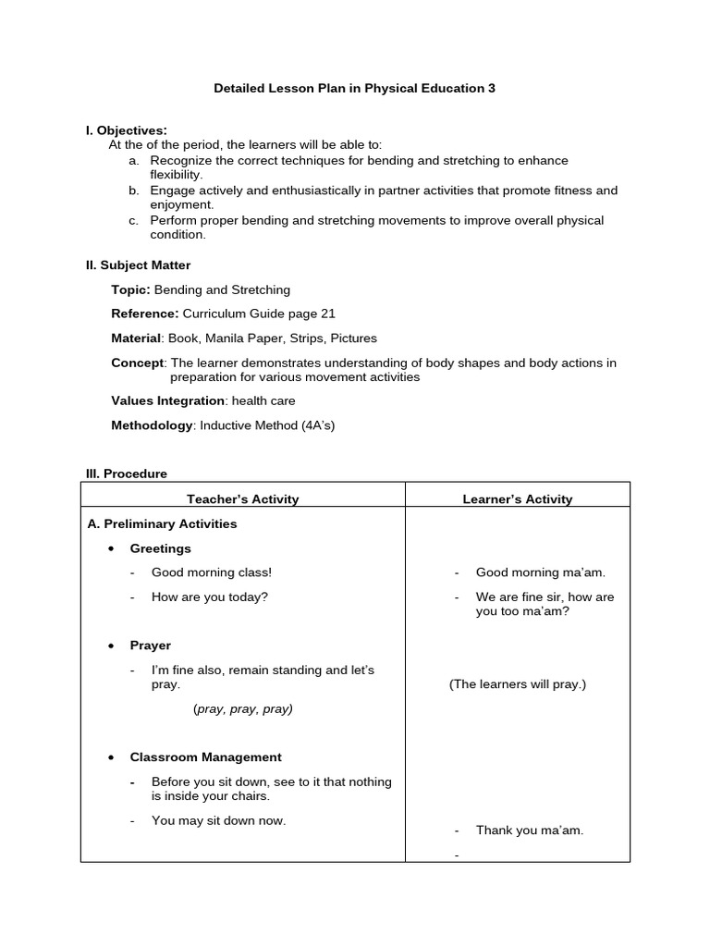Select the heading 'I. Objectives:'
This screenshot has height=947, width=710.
(x=127, y=130)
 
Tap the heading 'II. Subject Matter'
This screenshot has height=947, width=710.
(x=138, y=265)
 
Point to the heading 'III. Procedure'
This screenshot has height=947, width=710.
(x=127, y=473)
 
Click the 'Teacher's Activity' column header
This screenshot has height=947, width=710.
(x=243, y=499)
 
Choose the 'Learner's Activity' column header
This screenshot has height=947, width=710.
(x=518, y=499)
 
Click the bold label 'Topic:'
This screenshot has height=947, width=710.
(x=130, y=290)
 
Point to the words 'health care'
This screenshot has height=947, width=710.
(x=263, y=400)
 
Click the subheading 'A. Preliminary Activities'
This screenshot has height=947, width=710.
(x=163, y=524)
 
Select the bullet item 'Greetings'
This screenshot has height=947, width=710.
(x=161, y=548)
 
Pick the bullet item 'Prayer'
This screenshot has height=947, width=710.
(x=151, y=646)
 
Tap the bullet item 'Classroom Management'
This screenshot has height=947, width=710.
(x=206, y=757)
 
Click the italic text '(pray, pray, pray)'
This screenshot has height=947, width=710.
(x=243, y=709)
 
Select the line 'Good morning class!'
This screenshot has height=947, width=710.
(x=212, y=572)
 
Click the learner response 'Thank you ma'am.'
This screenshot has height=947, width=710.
(x=530, y=830)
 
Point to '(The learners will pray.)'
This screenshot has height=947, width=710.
(x=518, y=684)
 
